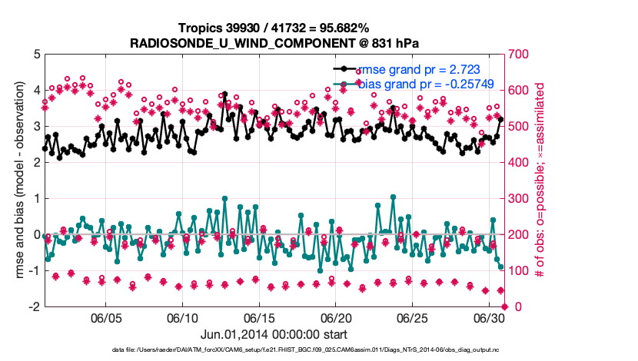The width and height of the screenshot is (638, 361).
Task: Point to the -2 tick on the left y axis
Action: point(35,306)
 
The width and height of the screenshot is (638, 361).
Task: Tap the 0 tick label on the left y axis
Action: point(37,234)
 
